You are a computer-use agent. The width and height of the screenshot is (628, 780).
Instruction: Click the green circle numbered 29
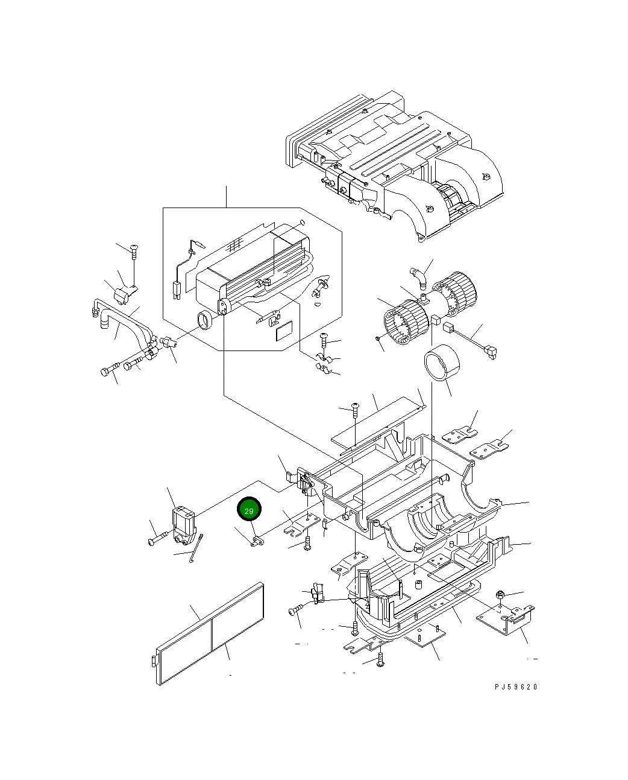[250, 510]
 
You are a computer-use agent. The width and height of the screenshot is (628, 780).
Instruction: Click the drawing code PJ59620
[516, 686]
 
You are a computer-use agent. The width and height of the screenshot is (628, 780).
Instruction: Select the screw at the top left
[134, 249]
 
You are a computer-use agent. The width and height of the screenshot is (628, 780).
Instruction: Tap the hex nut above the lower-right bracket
[500, 596]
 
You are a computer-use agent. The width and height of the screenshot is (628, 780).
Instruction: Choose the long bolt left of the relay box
[158, 539]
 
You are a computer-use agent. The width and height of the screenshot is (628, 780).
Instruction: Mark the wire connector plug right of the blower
[492, 350]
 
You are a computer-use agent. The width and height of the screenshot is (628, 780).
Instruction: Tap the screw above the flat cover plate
[354, 409]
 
